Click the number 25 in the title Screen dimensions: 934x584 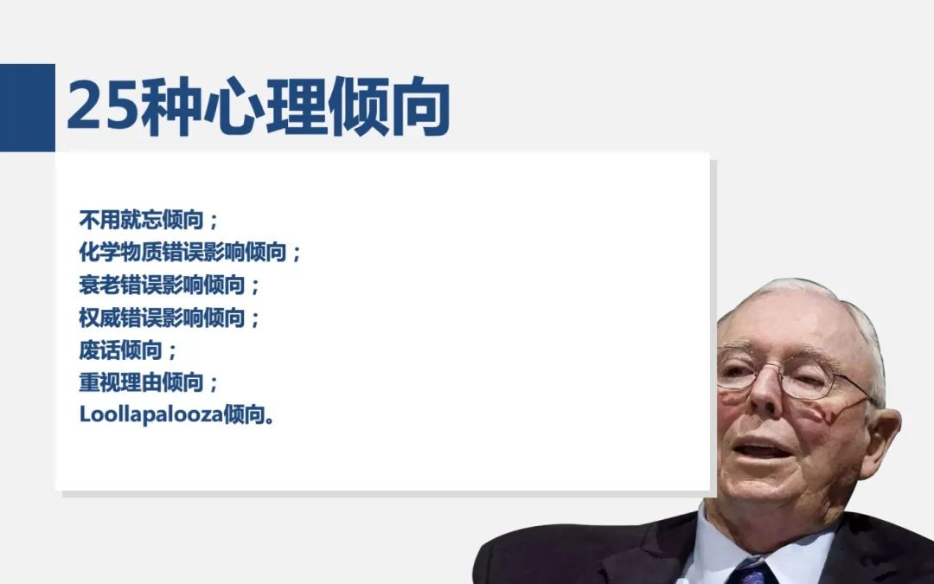click(103, 106)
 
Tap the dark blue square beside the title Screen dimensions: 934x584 click(28, 107)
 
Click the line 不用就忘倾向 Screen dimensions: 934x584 click(149, 220)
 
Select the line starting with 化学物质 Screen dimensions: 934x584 click(190, 252)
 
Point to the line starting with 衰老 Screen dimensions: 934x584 click(170, 285)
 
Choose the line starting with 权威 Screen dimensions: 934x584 click(170, 318)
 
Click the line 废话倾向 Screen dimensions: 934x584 click(127, 350)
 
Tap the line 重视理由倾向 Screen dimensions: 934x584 click(149, 382)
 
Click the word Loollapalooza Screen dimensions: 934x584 click(151, 414)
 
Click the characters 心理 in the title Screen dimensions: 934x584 click(265, 106)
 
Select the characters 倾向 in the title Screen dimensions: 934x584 click(388, 106)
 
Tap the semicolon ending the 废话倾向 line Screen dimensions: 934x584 click(172, 351)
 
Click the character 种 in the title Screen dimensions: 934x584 click(170, 106)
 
